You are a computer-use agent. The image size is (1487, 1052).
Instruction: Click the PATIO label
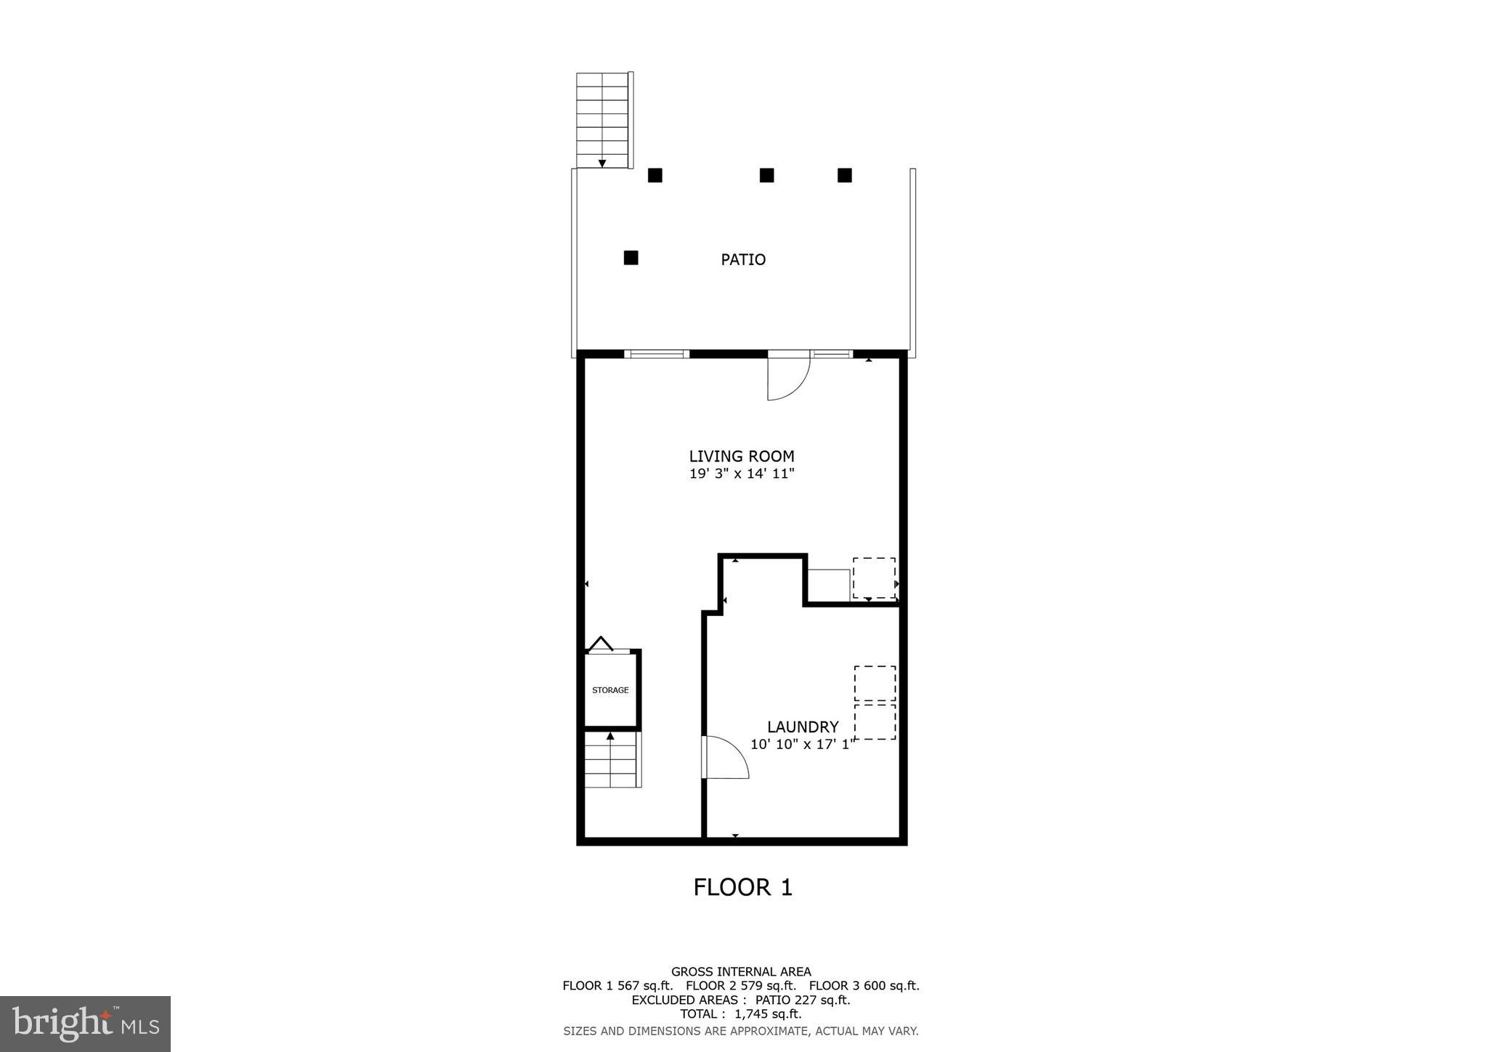[x=742, y=259]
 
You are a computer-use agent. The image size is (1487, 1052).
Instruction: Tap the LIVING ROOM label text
[x=741, y=456]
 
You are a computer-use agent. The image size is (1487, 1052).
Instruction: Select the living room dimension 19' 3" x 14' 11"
[x=741, y=474]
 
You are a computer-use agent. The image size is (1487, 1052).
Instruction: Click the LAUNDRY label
[x=803, y=727]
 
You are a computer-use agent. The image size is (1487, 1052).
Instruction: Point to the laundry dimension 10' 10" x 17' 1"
[x=802, y=745]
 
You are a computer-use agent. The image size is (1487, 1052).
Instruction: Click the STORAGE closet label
[x=610, y=690]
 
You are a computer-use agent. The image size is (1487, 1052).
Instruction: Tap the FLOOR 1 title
[x=742, y=887]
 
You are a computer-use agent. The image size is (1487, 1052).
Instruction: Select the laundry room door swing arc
[x=726, y=758]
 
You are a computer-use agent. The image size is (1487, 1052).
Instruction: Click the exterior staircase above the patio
[x=602, y=120]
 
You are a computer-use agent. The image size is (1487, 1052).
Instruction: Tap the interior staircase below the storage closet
[x=612, y=761]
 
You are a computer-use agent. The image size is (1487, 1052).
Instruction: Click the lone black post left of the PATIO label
[x=631, y=257]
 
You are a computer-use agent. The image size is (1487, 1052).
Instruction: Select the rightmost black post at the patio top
[x=844, y=175]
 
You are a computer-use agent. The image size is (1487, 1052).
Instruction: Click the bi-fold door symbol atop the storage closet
[x=601, y=644]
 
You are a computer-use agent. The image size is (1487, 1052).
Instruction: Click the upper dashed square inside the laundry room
[x=875, y=683]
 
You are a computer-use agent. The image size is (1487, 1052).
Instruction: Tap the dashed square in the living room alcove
[x=874, y=578]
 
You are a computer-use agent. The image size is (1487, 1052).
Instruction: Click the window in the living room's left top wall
[x=656, y=354]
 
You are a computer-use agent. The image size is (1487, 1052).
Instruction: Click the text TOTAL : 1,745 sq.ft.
[x=740, y=1014]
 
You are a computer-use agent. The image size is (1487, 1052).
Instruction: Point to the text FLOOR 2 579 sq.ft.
[x=740, y=986]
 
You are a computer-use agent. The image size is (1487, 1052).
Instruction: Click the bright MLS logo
[x=85, y=1024]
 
